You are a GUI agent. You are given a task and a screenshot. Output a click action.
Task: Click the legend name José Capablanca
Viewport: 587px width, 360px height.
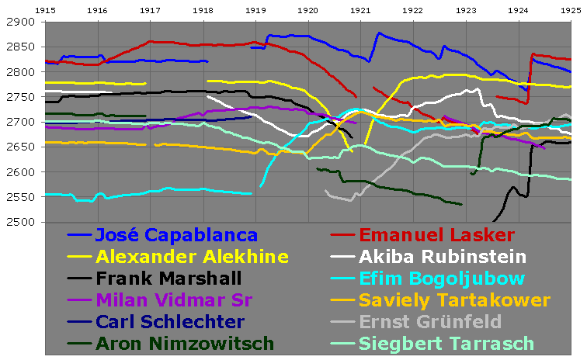176,235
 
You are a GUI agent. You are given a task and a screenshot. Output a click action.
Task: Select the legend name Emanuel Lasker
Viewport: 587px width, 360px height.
436,235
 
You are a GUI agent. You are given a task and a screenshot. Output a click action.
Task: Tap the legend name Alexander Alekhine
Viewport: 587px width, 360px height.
192,257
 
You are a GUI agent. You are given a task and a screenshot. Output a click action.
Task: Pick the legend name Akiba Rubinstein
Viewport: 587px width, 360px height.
442,257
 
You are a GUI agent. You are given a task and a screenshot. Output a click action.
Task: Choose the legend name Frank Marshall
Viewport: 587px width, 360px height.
168,279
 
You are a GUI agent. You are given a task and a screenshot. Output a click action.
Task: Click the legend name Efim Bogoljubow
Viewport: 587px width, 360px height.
441,279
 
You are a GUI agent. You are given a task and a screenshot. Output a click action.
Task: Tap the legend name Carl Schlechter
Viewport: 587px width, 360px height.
169,322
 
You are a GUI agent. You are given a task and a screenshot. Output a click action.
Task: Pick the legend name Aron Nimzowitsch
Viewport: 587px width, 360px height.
185,344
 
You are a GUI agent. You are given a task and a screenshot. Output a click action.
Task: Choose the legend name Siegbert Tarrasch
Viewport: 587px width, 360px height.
446,344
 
